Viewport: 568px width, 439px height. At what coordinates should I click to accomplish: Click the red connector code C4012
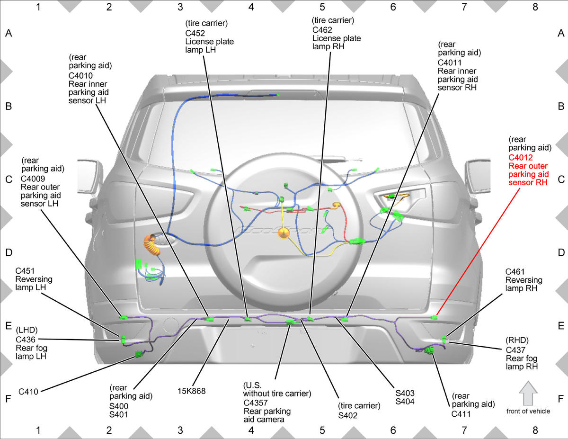point(520,158)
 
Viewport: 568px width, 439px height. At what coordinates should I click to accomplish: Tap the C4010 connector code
point(80,76)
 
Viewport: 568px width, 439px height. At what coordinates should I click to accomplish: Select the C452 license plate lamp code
point(195,33)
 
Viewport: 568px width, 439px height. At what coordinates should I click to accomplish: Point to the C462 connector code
point(322,30)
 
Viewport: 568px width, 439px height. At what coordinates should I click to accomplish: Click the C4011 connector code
point(450,63)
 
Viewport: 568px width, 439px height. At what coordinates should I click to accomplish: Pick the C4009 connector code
point(33,179)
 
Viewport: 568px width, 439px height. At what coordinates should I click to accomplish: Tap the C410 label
point(28,392)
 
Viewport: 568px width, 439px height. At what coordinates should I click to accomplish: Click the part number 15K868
point(192,391)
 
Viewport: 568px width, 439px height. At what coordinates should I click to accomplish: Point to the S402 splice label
point(347,415)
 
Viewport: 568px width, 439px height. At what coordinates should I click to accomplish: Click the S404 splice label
point(405,401)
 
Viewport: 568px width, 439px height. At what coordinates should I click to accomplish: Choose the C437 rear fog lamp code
point(515,350)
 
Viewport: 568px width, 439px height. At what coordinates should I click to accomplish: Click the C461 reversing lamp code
point(515,272)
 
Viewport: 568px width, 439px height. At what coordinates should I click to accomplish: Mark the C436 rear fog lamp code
point(26,340)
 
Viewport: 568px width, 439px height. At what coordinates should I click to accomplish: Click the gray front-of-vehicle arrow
point(528,393)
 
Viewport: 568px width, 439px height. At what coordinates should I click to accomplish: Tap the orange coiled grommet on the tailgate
point(151,245)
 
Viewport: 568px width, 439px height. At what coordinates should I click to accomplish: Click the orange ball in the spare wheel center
point(284,233)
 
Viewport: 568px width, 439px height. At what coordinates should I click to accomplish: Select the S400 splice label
point(119,406)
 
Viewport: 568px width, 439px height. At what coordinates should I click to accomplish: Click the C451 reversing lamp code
point(25,271)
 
